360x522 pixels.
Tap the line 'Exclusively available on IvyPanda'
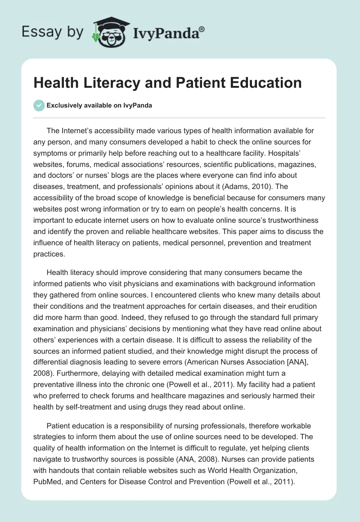click(x=99, y=106)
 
